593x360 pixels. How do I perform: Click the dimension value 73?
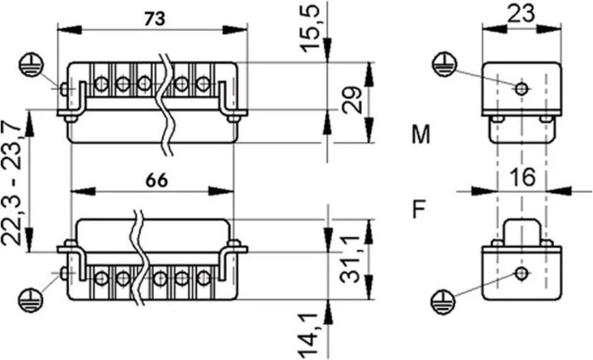pos(154,19)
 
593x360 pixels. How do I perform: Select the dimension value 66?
pos(156,181)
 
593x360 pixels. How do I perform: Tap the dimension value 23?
pos(521,14)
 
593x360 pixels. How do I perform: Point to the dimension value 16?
pos(523,177)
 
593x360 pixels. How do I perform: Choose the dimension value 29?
pos(352,100)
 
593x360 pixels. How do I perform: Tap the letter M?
pos(421,135)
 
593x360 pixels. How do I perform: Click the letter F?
pos(419,210)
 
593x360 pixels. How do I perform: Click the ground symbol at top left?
pos(31,66)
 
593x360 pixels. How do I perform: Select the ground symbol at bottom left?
pos(31,301)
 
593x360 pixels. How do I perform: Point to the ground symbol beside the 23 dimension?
pos(445,65)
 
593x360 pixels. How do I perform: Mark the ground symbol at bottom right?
pos(443,303)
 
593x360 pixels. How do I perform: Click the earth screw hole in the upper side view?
pos(522,89)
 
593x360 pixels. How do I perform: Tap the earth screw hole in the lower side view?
pos(522,273)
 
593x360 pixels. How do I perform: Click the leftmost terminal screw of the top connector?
pos(101,83)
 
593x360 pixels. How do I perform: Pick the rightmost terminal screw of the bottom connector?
pos(204,278)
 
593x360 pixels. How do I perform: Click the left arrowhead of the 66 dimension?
pos(83,191)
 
